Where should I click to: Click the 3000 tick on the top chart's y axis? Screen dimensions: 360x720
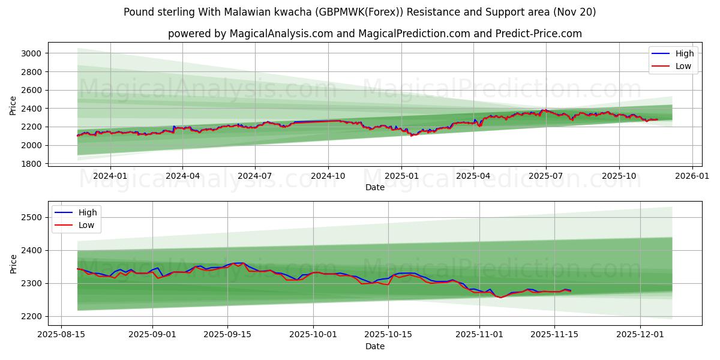point(30,53)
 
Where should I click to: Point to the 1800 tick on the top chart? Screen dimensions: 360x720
point(30,164)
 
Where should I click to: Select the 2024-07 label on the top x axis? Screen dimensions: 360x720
point(255,176)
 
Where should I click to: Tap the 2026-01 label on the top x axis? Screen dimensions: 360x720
point(692,176)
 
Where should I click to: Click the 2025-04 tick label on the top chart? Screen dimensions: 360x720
point(473,176)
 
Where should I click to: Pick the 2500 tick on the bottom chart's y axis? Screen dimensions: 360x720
point(30,217)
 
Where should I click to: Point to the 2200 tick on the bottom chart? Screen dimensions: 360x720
point(30,316)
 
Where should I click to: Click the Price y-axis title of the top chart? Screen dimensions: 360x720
point(13,106)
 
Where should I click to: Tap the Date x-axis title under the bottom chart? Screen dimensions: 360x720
point(375,347)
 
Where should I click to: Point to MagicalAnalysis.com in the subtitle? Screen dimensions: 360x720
point(281,34)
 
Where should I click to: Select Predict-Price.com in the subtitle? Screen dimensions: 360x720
point(538,34)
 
